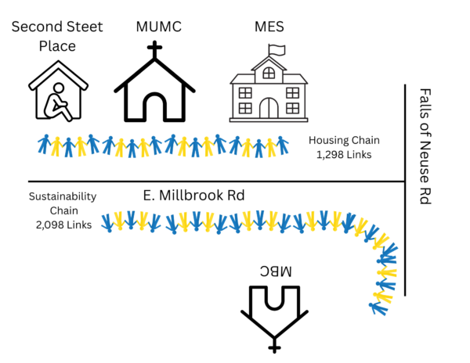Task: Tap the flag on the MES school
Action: [x=276, y=49]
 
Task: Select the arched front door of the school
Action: [x=268, y=108]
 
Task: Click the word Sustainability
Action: [x=61, y=197]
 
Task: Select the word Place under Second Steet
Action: [x=57, y=45]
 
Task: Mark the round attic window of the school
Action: [x=268, y=73]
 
